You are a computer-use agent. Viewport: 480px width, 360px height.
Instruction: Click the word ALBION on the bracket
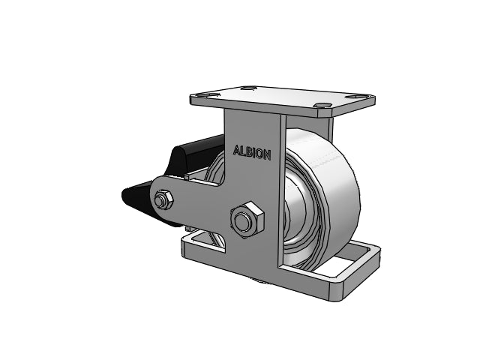252,152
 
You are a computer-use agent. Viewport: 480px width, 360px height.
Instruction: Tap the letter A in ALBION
237,150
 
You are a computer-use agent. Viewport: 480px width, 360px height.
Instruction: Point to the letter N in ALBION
267,155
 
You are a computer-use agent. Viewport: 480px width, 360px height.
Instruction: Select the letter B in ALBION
248,151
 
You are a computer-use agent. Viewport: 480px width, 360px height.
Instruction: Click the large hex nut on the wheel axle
247,220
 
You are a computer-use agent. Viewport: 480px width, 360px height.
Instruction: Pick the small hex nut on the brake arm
163,199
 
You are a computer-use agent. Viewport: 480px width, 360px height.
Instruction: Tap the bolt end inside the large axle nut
242,220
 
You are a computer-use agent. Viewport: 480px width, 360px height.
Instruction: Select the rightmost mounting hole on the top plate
355,97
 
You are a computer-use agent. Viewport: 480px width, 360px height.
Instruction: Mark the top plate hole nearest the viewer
322,106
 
